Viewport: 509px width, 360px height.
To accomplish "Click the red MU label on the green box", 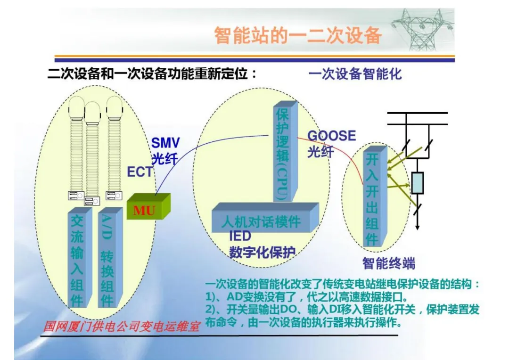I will coord(144,210).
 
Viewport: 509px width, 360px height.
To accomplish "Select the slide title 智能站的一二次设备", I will coord(297,35).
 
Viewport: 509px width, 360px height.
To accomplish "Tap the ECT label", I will coord(140,172).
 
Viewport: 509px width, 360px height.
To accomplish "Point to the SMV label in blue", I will coord(165,143).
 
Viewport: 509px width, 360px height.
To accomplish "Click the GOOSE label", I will coord(331,136).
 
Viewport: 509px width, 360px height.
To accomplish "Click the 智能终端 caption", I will coord(389,263).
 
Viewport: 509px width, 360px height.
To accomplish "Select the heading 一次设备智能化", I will coord(355,74).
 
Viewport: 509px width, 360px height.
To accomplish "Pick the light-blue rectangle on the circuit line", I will coord(418,183).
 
